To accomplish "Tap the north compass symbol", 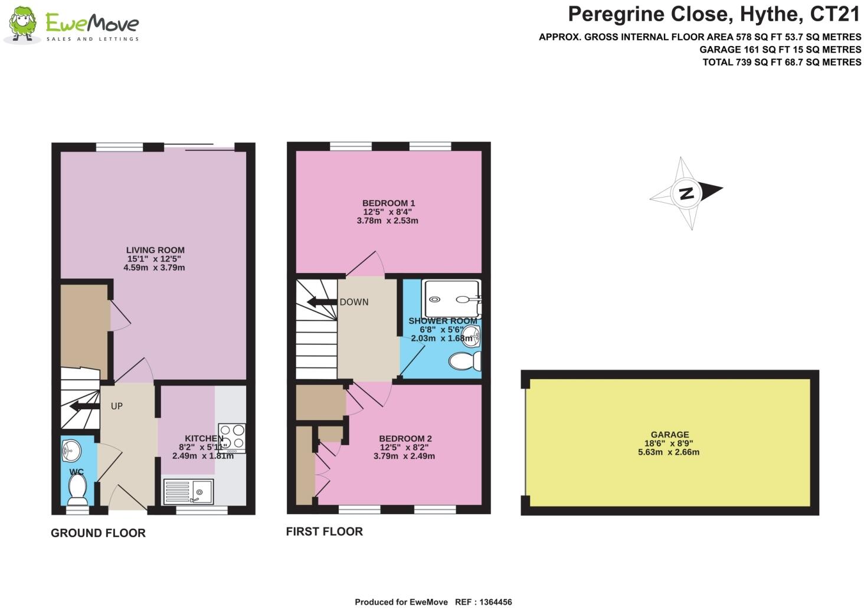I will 686,193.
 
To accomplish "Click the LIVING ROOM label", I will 155,250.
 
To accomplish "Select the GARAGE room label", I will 670,435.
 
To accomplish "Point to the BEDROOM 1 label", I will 388,203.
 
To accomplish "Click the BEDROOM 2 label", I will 405,439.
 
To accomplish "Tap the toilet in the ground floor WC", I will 77,489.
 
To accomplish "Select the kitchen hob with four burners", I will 231,438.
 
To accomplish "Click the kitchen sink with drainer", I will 188,491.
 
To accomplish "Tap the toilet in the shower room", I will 464,361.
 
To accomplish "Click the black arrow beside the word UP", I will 84,407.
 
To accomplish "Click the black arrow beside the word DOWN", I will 322,303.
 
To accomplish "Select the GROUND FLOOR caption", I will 98,533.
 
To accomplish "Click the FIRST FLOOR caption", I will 324,531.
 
